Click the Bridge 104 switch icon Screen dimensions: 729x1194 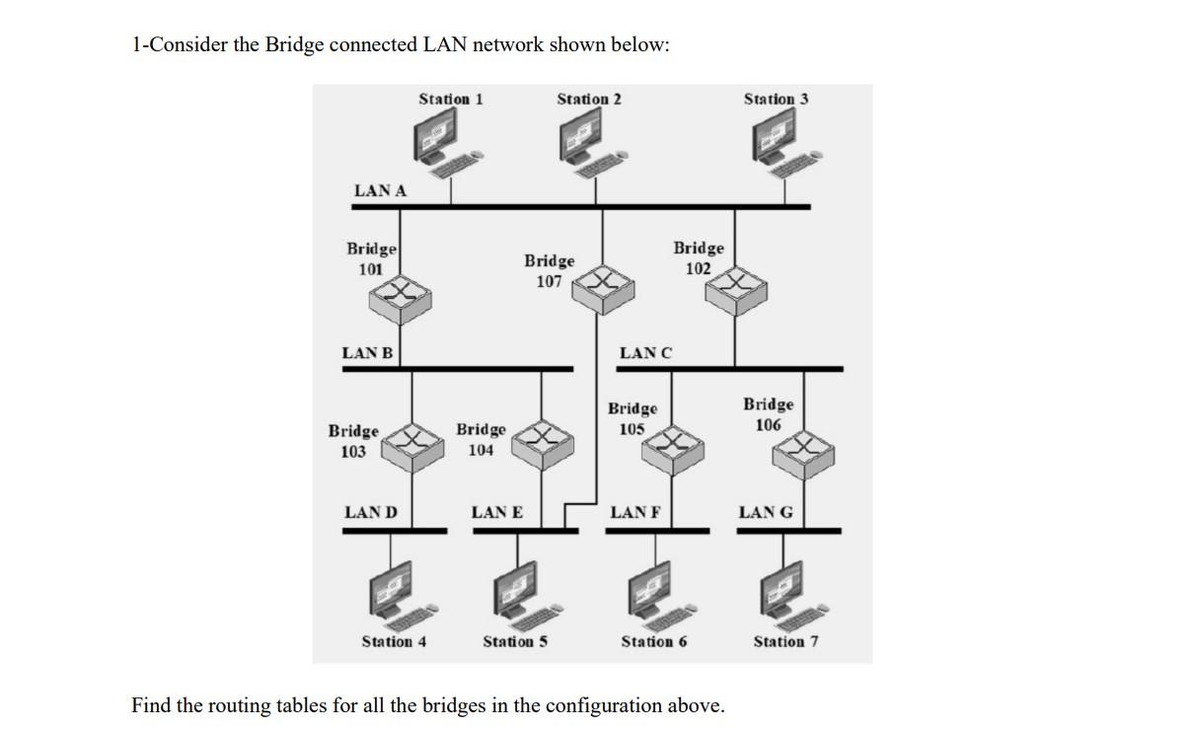pos(542,440)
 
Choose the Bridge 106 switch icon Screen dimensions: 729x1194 pos(803,452)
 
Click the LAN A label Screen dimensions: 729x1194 pos(380,191)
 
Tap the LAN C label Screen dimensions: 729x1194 pos(645,353)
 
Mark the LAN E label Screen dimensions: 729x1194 pos(496,512)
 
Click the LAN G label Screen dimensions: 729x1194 pos(765,512)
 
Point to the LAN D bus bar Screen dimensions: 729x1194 pos(394,531)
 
